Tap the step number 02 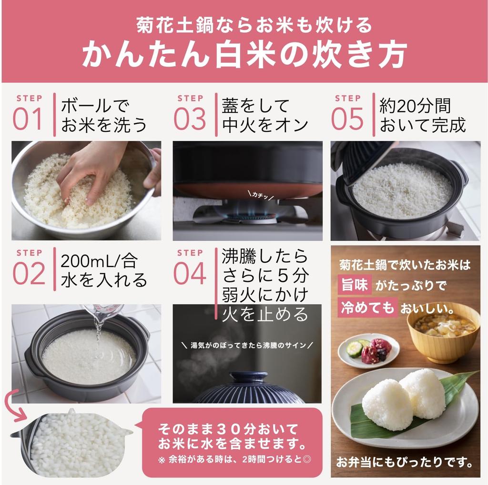tap(28, 273)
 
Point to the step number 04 tap(189, 273)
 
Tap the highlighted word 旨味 tap(354, 285)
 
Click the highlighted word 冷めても tap(367, 307)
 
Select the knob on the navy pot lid tap(248, 377)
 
